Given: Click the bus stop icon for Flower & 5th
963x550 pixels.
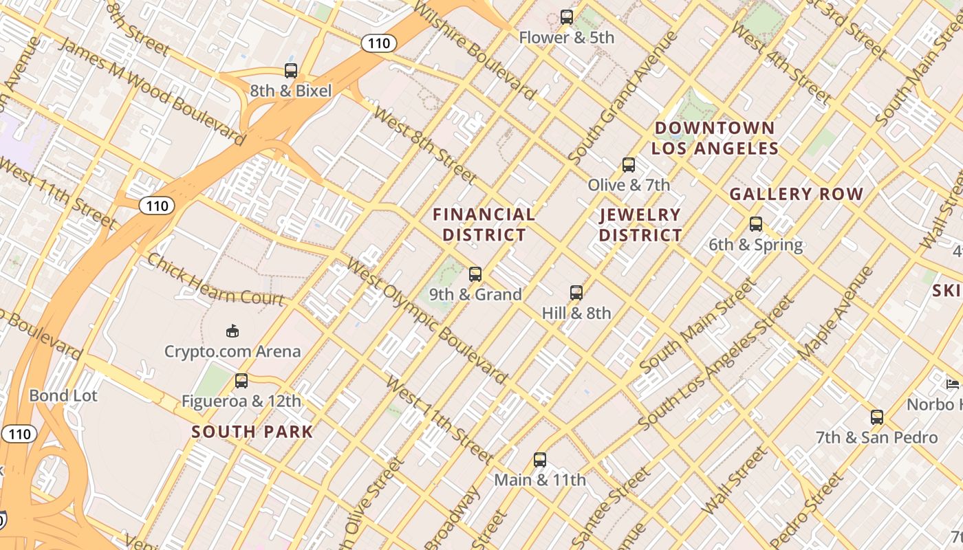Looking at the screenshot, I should (x=566, y=16).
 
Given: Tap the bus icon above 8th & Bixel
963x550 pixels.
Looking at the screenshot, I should (x=291, y=70).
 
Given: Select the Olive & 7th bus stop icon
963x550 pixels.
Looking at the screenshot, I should (x=628, y=164).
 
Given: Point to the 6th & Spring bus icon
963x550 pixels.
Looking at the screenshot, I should (x=756, y=224).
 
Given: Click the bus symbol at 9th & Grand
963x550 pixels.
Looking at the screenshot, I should (x=475, y=274).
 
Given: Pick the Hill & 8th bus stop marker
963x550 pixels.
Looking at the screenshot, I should (x=576, y=293).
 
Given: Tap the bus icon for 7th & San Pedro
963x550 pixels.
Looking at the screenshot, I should (x=876, y=417).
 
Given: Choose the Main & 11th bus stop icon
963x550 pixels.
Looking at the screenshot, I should (x=540, y=459).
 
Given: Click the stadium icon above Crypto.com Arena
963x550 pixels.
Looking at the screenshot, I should (x=232, y=331).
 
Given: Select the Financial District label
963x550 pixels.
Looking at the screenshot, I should (x=484, y=225).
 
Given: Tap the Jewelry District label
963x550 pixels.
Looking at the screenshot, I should (x=640, y=225).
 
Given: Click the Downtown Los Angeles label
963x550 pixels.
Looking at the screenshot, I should (x=715, y=138).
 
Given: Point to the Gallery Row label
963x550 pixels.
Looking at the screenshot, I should (x=796, y=195).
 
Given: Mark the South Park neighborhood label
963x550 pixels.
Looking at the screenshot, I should (x=252, y=432).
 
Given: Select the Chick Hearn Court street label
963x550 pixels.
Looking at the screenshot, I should (x=215, y=280).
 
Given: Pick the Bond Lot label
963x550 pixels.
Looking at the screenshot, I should (x=63, y=395).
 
